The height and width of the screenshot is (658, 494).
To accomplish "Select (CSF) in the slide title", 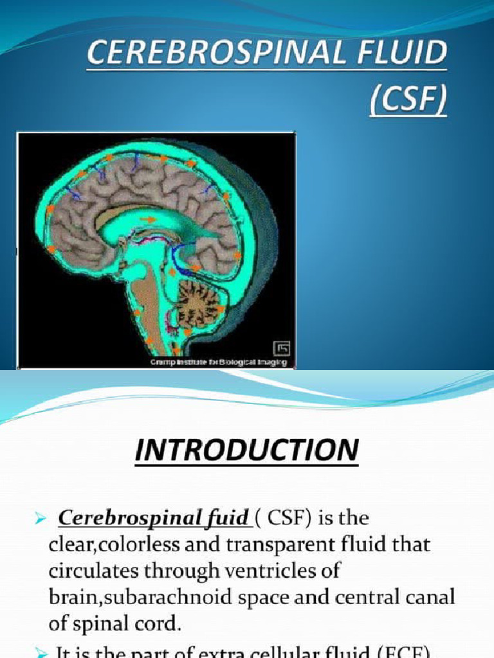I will (x=408, y=102).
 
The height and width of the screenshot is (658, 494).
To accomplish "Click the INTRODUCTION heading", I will (x=246, y=449).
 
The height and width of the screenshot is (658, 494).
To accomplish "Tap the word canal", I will (x=428, y=597).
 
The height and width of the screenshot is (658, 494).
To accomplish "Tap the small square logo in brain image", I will (x=282, y=348).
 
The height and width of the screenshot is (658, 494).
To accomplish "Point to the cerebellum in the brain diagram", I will (x=199, y=301).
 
